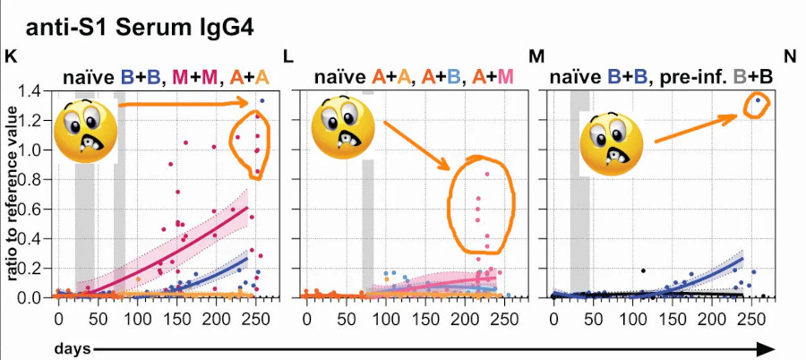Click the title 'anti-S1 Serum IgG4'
tap(140, 29)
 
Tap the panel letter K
tap(10, 56)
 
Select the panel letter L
tap(288, 56)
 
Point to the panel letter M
tap(536, 56)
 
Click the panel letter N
tap(791, 56)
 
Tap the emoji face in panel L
tap(343, 127)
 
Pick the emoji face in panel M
tap(612, 143)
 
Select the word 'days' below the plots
tap(73, 347)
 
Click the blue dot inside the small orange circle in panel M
tap(757, 100)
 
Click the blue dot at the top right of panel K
tap(262, 101)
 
